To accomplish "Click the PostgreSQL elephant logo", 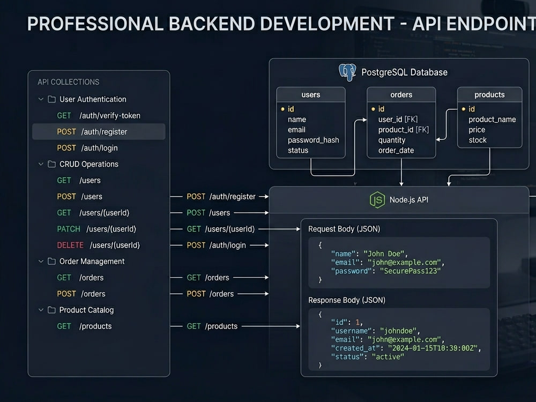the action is pyautogui.click(x=347, y=72).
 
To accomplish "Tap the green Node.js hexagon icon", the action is pyautogui.click(x=377, y=200).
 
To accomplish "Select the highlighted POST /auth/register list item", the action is pyautogui.click(x=99, y=132).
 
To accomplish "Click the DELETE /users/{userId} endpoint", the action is pyautogui.click(x=99, y=245).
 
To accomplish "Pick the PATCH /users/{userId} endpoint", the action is pyautogui.click(x=96, y=229).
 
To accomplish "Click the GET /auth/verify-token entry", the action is pyautogui.click(x=99, y=116).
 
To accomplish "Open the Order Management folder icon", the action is pyautogui.click(x=51, y=261).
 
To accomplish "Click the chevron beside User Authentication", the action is pyautogui.click(x=41, y=99).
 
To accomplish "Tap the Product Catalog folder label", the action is pyautogui.click(x=86, y=310).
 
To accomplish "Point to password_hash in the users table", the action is pyautogui.click(x=314, y=140).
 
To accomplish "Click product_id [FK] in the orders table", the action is pyautogui.click(x=404, y=130).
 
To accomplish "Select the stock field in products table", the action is pyautogui.click(x=478, y=140).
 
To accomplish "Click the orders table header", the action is pyautogui.click(x=401, y=95).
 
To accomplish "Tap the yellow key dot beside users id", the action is pyautogui.click(x=282, y=109).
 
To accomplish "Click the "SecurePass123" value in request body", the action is pyautogui.click(x=410, y=271).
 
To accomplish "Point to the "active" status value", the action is pyautogui.click(x=388, y=356).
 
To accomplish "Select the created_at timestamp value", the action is pyautogui.click(x=433, y=348).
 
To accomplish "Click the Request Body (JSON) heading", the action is pyautogui.click(x=344, y=229).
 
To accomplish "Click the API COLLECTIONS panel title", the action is pyautogui.click(x=69, y=82).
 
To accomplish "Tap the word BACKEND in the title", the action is pyautogui.click(x=212, y=24).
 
